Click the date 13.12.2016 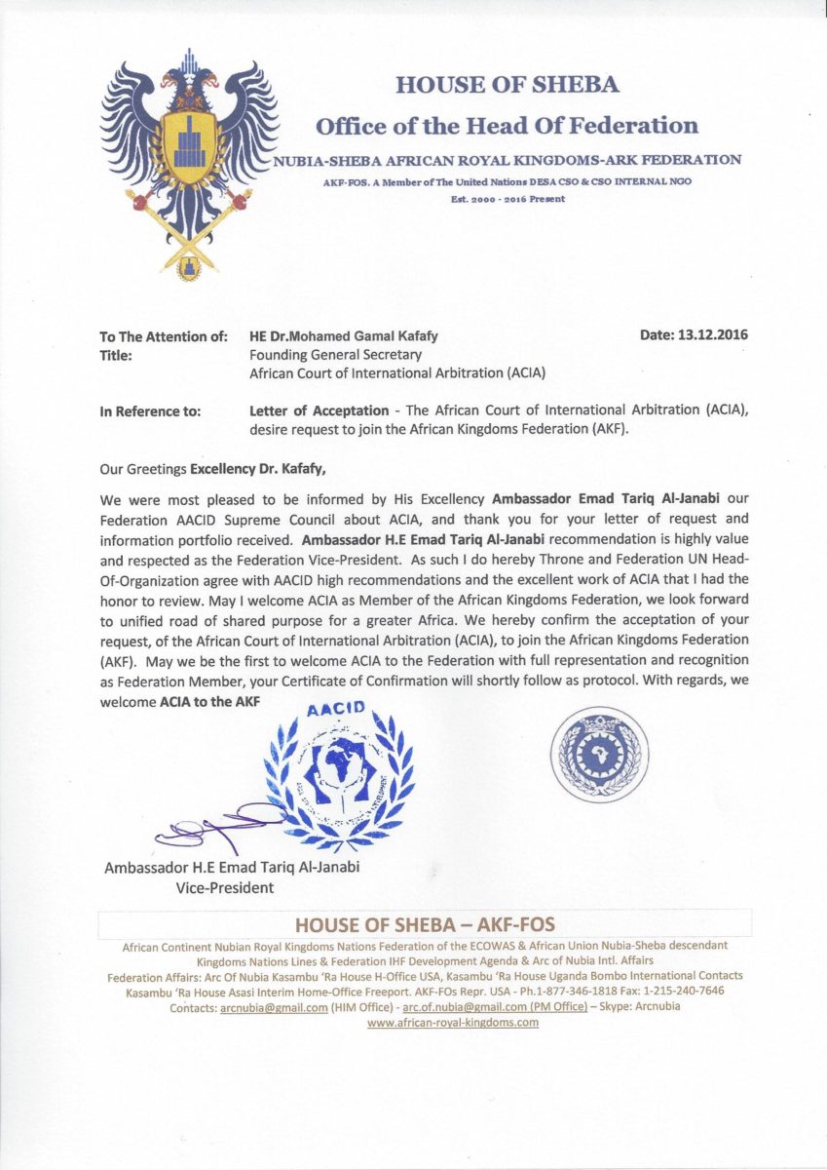694,335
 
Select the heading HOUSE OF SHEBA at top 507,85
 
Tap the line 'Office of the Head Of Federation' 507,126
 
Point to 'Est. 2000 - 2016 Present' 507,199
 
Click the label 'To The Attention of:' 163,336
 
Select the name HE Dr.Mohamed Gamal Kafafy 344,336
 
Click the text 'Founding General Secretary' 328,355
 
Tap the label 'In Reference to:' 151,411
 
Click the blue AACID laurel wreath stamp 340,776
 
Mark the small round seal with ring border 599,754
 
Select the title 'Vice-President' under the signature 224,888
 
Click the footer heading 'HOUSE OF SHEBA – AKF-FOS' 425,924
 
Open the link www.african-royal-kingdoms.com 453,1022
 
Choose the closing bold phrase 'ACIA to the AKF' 209,702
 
